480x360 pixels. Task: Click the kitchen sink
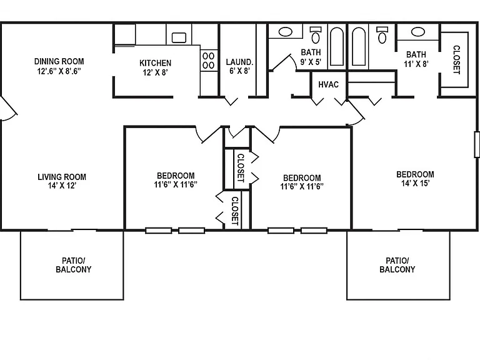179,37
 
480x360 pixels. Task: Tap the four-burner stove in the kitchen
209,61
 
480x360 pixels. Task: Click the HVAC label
329,84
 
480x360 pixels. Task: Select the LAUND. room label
239,62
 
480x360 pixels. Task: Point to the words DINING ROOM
59,61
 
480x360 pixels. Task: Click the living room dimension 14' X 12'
62,186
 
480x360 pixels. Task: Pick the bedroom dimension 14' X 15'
416,183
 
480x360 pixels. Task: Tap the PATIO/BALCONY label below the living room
74,265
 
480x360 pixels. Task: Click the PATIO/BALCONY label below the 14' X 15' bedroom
397,265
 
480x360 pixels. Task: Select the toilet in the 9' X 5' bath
316,34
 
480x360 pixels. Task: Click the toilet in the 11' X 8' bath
382,34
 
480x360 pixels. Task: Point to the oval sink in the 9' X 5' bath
285,31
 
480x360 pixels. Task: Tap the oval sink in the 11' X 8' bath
418,31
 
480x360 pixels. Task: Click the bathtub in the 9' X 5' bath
337,46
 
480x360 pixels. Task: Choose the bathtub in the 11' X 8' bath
359,46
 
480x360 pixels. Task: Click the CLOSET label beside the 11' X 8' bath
456,60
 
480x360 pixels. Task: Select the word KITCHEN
155,63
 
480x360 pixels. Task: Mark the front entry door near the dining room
9,107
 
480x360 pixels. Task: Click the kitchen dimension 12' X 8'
155,72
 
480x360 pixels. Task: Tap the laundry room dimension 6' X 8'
240,71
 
